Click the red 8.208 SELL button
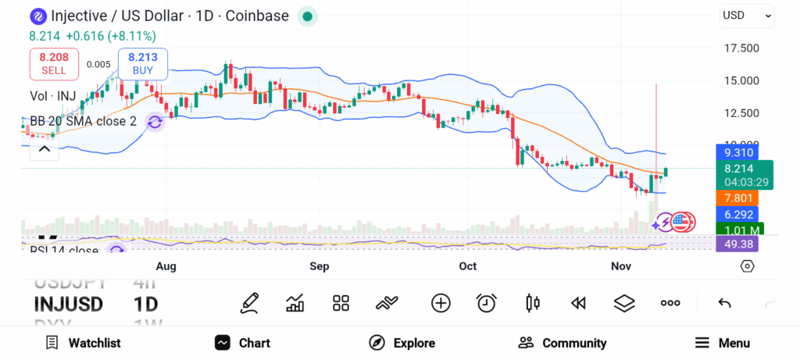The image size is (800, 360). pyautogui.click(x=54, y=63)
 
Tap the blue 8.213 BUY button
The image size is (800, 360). pyautogui.click(x=142, y=63)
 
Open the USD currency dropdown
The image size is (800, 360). pyautogui.click(x=746, y=15)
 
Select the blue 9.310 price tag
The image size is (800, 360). pyautogui.click(x=737, y=153)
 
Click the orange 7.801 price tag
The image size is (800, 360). pyautogui.click(x=737, y=198)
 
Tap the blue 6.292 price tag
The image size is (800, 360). pyautogui.click(x=737, y=214)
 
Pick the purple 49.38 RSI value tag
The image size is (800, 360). pyautogui.click(x=737, y=244)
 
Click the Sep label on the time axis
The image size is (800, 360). pyautogui.click(x=319, y=266)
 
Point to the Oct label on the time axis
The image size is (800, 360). pyautogui.click(x=467, y=266)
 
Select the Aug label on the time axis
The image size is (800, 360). pyautogui.click(x=166, y=266)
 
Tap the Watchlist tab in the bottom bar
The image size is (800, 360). pyautogui.click(x=83, y=343)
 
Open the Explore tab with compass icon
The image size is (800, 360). pyautogui.click(x=402, y=343)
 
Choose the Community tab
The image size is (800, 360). pyautogui.click(x=562, y=343)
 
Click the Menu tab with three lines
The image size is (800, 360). pyautogui.click(x=722, y=343)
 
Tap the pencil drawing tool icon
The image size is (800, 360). pyautogui.click(x=250, y=303)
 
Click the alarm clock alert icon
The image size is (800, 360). pyautogui.click(x=487, y=303)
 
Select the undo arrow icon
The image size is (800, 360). pyautogui.click(x=724, y=303)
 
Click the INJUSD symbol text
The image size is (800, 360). pyautogui.click(x=69, y=304)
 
